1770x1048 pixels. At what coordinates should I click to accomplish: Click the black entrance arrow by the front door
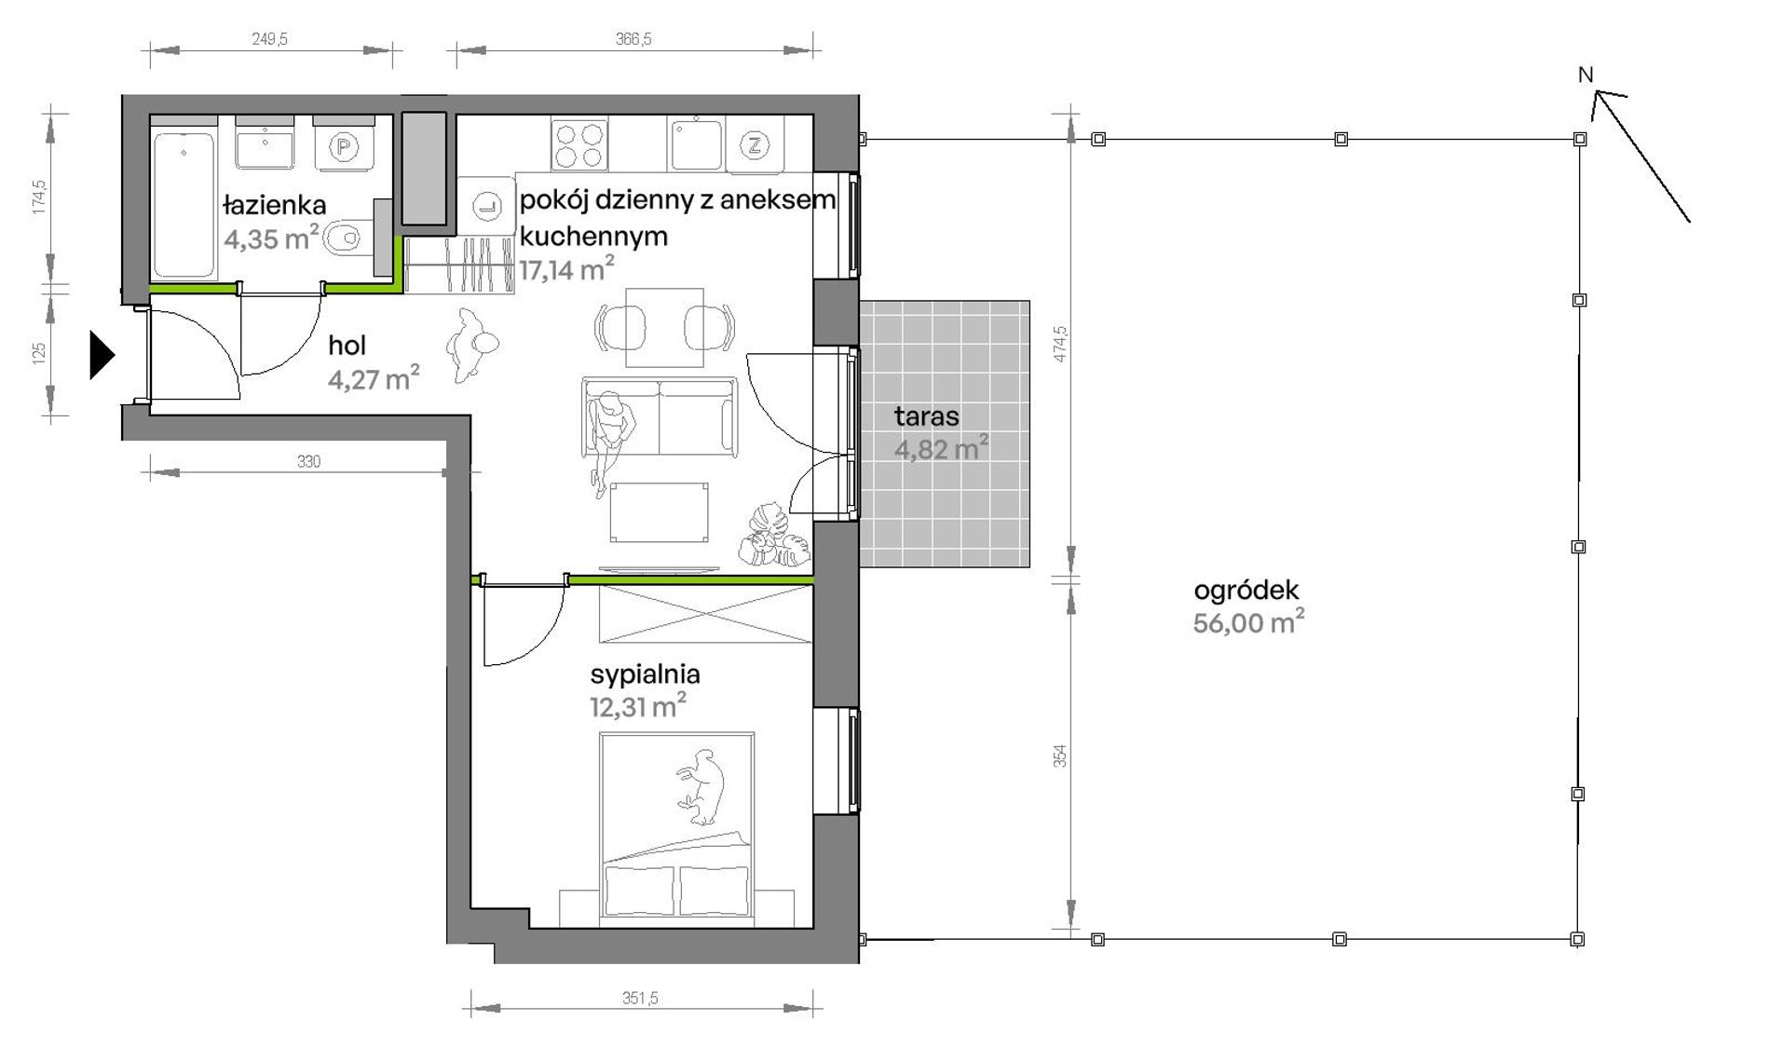tap(102, 355)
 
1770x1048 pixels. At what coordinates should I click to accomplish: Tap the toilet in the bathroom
tap(345, 238)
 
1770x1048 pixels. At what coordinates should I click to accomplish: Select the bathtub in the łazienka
tap(184, 205)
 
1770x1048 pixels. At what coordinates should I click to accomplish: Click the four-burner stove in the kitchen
tap(579, 144)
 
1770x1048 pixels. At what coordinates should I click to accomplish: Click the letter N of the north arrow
tap(1586, 75)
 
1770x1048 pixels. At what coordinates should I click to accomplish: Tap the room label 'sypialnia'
tap(645, 674)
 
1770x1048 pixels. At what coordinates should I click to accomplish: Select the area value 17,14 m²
tap(566, 270)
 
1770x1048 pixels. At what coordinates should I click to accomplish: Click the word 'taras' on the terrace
tap(926, 416)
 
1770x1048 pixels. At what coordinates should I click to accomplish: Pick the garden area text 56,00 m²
tap(1248, 622)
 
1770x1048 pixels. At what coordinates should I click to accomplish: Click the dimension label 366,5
tap(633, 39)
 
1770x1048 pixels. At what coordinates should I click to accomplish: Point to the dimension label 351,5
tap(640, 998)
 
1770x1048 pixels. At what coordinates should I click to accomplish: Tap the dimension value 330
tap(308, 461)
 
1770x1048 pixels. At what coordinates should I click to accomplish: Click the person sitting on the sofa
tap(610, 438)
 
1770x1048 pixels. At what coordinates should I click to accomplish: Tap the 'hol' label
tap(347, 346)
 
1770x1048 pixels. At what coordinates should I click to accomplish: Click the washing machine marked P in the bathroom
tap(345, 145)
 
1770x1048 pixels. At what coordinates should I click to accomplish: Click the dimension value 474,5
tap(1060, 344)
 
